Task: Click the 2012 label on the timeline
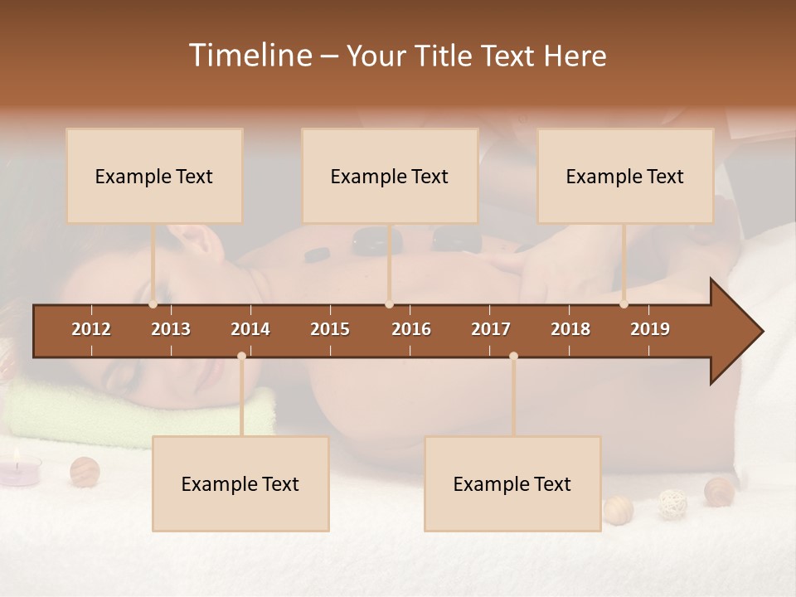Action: click(x=91, y=329)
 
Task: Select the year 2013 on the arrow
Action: click(x=171, y=329)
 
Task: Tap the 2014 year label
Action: click(x=250, y=329)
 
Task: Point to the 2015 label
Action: click(x=330, y=329)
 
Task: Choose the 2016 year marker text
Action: click(x=411, y=329)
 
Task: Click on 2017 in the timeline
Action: click(x=491, y=329)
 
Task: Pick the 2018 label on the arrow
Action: click(x=570, y=329)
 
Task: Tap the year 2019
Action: click(x=650, y=329)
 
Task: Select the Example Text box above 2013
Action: click(x=154, y=176)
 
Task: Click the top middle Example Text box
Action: click(x=390, y=176)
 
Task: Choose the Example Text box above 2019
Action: click(x=625, y=176)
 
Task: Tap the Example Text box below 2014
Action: click(x=240, y=483)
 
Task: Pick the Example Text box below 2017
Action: click(x=512, y=483)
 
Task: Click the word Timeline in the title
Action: click(x=250, y=56)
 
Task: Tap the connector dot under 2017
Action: click(x=513, y=357)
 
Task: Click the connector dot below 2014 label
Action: click(x=241, y=357)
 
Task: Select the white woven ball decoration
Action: click(x=672, y=503)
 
